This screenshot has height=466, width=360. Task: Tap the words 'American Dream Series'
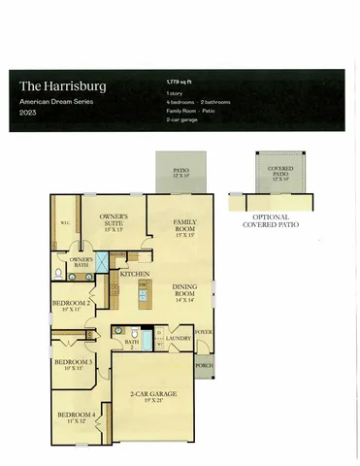pos(57,102)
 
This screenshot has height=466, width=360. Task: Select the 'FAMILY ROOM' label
pos(185,225)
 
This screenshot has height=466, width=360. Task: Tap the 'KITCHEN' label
pos(135,275)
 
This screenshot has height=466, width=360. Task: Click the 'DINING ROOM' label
pos(185,288)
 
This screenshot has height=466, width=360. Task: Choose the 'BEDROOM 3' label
pos(74,362)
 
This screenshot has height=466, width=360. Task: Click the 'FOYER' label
pos(204,331)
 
